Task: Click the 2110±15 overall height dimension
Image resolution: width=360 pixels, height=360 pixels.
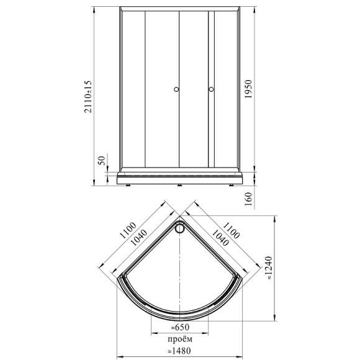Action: [x=88, y=96]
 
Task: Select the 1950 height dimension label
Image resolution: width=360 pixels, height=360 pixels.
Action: [x=248, y=89]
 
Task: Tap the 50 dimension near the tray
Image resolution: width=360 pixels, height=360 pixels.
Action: [x=101, y=160]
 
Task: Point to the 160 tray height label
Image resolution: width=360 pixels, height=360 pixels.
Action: [x=248, y=199]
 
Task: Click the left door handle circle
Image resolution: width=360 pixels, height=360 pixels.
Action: [x=176, y=89]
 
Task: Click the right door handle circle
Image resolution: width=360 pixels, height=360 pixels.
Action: [x=211, y=89]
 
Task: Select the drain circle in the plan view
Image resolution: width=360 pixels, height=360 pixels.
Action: [x=179, y=228]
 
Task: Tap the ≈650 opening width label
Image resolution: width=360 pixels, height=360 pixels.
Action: [x=180, y=327]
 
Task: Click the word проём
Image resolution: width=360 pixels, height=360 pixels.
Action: [x=180, y=339]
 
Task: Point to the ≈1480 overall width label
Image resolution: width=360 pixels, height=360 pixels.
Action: [x=179, y=351]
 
